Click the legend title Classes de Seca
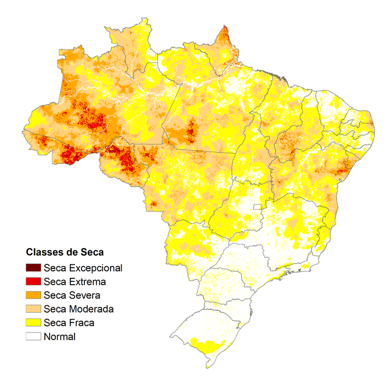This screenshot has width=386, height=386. pyautogui.click(x=64, y=253)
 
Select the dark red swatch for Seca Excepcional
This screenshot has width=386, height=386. pyautogui.click(x=33, y=268)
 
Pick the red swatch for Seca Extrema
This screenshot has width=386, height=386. pyautogui.click(x=33, y=282)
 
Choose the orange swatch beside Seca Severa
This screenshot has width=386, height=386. pyautogui.click(x=33, y=295)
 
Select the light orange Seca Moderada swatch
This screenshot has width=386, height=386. pyautogui.click(x=33, y=309)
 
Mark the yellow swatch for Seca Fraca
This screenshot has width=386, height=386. pyautogui.click(x=33, y=323)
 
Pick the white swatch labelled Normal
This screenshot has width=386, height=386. pyautogui.click(x=33, y=336)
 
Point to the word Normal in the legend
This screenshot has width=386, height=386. pyautogui.click(x=60, y=336)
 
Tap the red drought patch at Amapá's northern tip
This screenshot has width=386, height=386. pyautogui.click(x=225, y=36)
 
